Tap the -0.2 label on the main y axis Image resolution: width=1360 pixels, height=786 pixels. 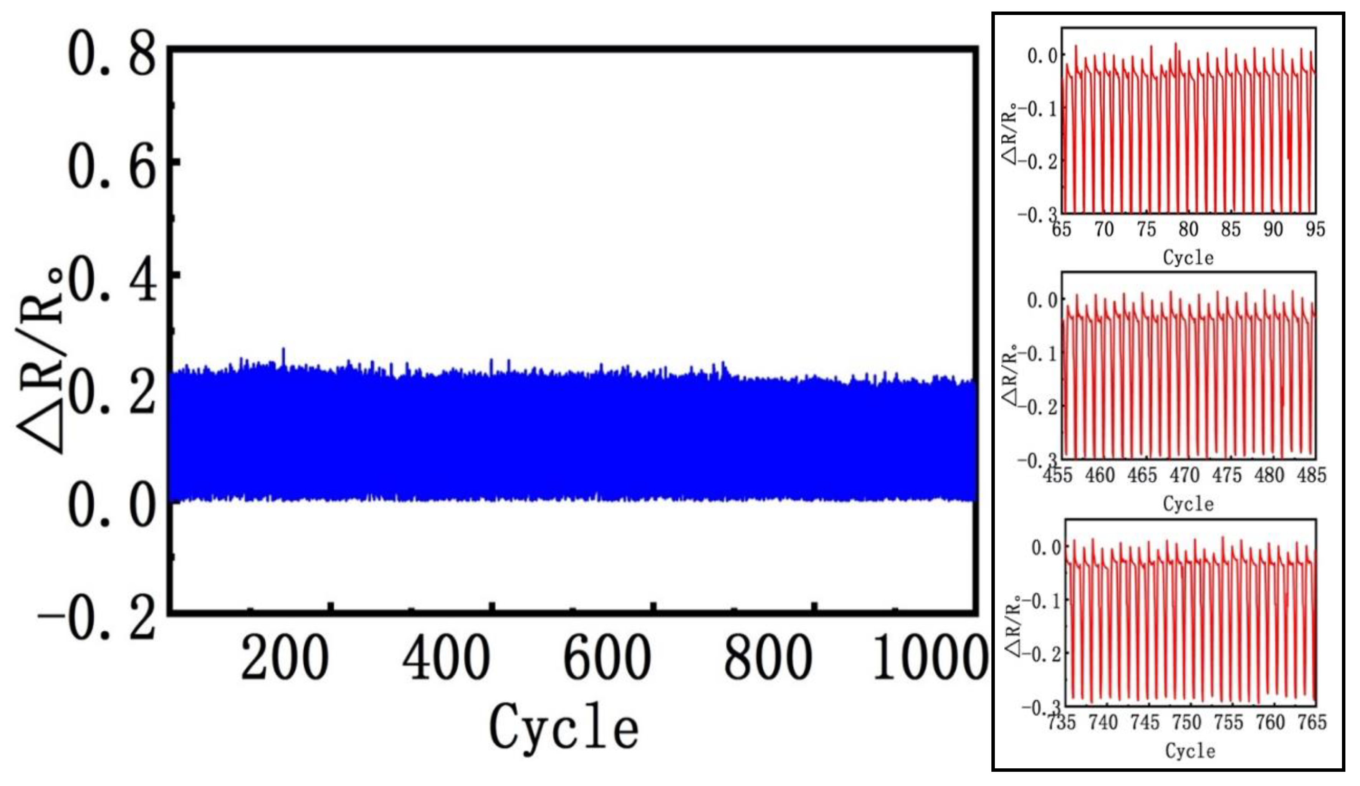point(97,619)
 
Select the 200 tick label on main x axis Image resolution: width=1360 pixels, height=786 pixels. point(285,657)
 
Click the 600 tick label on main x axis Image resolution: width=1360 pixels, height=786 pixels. point(607,657)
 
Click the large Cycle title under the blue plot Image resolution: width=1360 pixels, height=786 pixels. point(564,726)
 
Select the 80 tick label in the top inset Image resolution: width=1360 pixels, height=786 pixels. point(1188,230)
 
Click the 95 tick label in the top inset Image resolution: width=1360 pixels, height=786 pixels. point(1315,230)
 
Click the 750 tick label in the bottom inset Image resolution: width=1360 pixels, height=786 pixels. point(1186,722)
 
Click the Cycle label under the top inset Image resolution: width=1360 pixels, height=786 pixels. point(1188,258)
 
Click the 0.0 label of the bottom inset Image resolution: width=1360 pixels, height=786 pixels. point(1046,548)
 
